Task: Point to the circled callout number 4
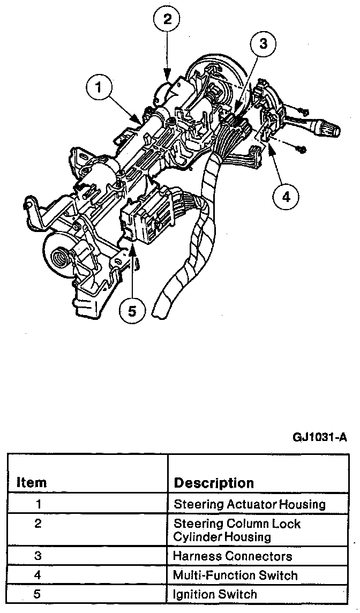coord(286,197)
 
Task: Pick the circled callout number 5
coord(132,309)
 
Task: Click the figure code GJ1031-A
coord(320,436)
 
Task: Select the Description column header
coord(214,482)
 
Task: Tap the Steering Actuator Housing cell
coord(249,504)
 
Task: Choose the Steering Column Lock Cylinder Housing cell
coord(237,530)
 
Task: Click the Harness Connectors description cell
coord(232,556)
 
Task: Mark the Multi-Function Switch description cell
coord(235,575)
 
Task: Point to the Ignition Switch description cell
coord(215,594)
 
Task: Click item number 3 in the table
coord(38,556)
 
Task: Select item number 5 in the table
coord(38,594)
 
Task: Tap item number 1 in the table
coord(38,504)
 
